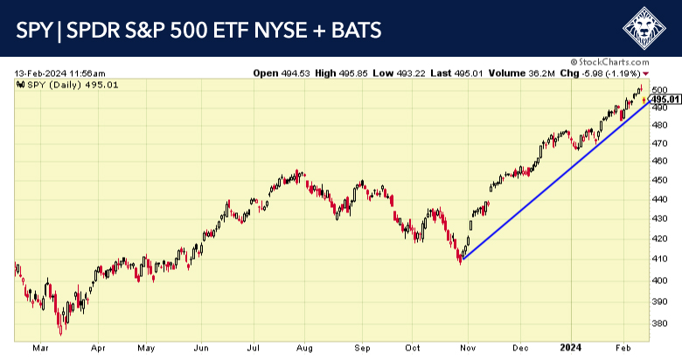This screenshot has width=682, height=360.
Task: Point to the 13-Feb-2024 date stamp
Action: click(59, 73)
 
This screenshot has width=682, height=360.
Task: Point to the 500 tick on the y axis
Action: click(660, 90)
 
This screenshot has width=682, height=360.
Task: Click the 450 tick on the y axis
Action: click(660, 180)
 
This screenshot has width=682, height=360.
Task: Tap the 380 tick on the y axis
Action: click(660, 321)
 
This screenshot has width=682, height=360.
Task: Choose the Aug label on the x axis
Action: click(303, 346)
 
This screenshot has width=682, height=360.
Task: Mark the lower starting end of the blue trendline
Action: click(461, 260)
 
